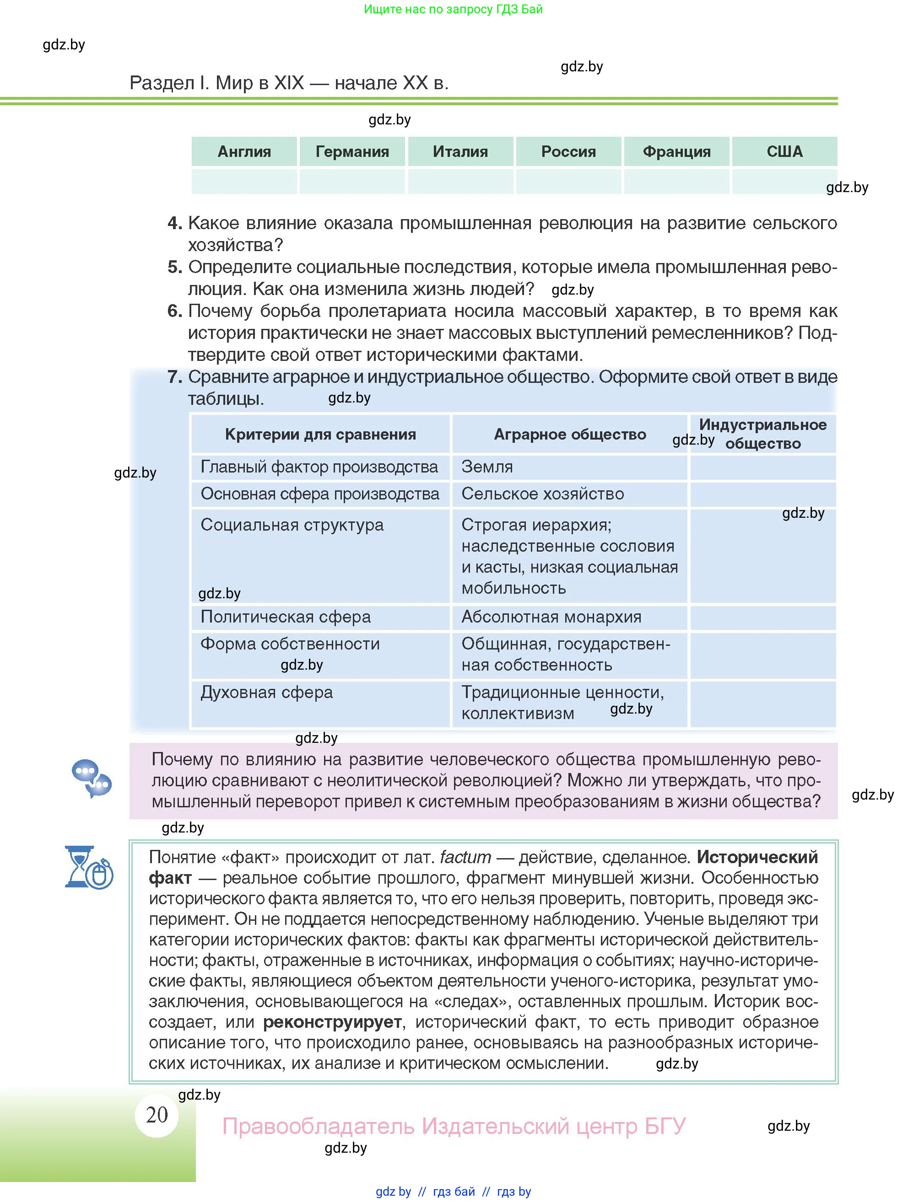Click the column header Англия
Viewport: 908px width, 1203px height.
244,152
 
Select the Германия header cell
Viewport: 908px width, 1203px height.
352,152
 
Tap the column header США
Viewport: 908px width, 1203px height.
784,152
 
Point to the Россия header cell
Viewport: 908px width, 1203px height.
568,152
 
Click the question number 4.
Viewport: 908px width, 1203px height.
174,223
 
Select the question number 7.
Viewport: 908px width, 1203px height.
174,377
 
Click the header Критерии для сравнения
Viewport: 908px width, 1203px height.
320,435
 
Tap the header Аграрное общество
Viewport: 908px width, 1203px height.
570,435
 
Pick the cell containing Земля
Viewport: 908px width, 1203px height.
487,467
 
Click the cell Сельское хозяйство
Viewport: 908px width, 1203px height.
542,494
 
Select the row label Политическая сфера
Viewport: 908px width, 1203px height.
286,617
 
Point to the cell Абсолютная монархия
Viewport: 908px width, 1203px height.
551,617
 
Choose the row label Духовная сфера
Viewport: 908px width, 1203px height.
266,693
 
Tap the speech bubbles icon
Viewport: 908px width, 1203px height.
92,778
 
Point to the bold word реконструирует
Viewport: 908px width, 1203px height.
332,1022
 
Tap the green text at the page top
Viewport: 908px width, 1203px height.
453,9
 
